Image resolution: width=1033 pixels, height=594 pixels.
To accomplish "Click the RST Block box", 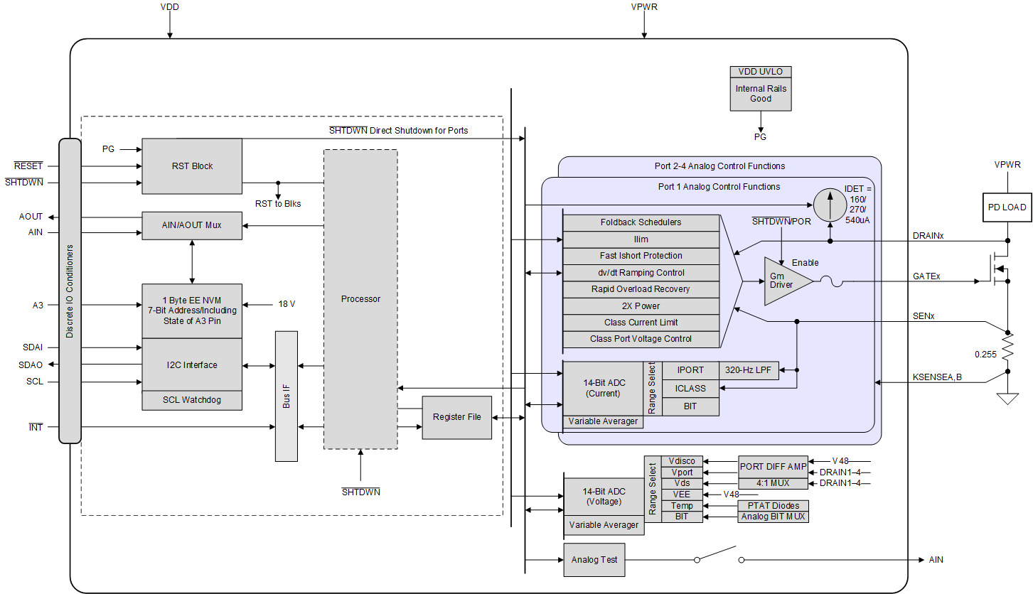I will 192,166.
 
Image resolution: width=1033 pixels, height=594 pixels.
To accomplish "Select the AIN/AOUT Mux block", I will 192,225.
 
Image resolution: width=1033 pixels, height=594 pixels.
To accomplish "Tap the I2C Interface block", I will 192,365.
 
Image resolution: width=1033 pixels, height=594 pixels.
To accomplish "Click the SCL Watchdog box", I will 192,400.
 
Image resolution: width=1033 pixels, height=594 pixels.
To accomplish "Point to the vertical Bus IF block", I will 287,396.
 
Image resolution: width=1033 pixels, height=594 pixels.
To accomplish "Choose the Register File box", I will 456,417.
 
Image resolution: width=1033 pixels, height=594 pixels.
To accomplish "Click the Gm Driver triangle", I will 785,281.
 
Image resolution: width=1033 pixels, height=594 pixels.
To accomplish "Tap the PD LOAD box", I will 1007,207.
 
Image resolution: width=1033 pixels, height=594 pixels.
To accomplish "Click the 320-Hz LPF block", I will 749,370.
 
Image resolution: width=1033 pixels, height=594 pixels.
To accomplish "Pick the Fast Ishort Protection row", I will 641,256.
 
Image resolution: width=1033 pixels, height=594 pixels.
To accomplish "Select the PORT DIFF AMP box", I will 773,467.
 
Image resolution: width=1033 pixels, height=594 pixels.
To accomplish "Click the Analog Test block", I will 594,560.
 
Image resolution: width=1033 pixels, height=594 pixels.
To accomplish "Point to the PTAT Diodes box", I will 773,506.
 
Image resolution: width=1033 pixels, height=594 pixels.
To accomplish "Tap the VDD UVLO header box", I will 760,72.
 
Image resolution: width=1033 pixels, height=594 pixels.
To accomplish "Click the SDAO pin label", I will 31,365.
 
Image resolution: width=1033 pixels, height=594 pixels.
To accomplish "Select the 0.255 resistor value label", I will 986,353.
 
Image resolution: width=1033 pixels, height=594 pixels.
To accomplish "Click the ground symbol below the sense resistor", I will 1007,398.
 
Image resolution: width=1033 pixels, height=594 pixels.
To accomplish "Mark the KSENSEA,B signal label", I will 936,377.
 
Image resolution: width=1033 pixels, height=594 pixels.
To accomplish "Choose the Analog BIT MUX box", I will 773,517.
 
